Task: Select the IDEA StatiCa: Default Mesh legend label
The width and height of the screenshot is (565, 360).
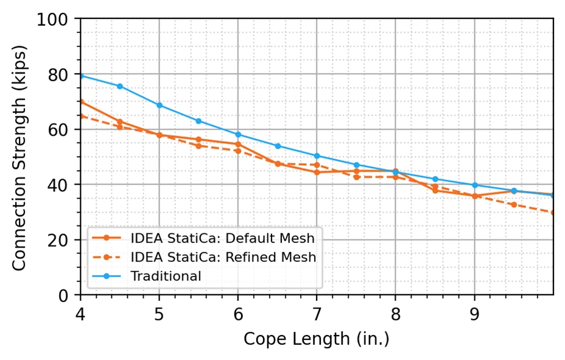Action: [x=222, y=238]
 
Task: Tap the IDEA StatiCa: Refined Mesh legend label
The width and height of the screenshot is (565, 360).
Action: [x=223, y=257]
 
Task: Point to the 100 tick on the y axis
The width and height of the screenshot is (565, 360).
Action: [x=52, y=19]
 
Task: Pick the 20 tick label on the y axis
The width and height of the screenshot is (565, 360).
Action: [x=58, y=241]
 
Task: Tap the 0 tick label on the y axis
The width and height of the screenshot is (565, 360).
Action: [x=63, y=296]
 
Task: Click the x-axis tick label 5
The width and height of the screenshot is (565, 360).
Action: [x=159, y=314]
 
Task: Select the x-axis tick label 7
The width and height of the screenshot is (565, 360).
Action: [x=317, y=314]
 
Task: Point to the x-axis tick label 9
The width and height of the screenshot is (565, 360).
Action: [x=474, y=314]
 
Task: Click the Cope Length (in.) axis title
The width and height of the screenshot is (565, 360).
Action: [x=317, y=339]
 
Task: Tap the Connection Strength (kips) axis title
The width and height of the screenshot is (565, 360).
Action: [x=19, y=158]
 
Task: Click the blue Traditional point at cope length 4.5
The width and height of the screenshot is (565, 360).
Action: [x=119, y=86]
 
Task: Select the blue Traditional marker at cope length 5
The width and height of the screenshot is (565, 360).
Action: [x=160, y=105]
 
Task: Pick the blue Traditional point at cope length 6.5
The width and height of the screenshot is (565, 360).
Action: [x=278, y=146]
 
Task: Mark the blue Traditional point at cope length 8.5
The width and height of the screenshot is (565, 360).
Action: [x=435, y=179]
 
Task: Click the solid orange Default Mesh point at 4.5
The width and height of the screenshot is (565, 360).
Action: [x=119, y=122]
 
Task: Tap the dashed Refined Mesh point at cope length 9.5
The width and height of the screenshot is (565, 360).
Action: [x=514, y=205]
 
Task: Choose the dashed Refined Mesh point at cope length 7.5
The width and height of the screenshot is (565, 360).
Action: [x=356, y=177]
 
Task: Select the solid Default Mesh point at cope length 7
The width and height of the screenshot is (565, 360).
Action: [x=317, y=172]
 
